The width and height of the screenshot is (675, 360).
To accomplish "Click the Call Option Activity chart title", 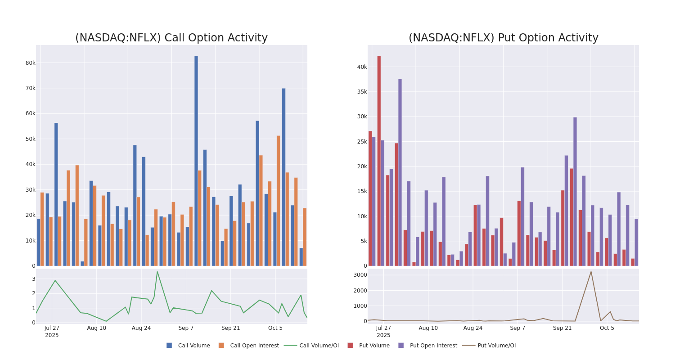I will pyautogui.click(x=171, y=38).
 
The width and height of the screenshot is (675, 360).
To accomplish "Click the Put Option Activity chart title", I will pyautogui.click(x=503, y=38).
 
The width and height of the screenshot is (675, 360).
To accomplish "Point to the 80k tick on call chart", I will pyautogui.click(x=30, y=63).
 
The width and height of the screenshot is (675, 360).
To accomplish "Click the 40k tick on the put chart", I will pyautogui.click(x=362, y=67).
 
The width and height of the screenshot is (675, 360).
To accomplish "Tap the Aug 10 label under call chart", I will pyautogui.click(x=97, y=328).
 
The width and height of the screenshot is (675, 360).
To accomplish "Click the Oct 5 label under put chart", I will pyautogui.click(x=607, y=328).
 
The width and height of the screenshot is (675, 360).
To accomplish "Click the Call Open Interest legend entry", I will pyautogui.click(x=254, y=346).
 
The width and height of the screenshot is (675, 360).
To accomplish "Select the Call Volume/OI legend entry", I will pyautogui.click(x=319, y=346).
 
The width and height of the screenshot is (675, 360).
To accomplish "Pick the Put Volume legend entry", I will pyautogui.click(x=374, y=346).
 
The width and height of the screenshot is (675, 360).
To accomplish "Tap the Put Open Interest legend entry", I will pyautogui.click(x=433, y=346).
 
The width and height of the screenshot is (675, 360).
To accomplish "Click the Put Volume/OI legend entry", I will pyautogui.click(x=496, y=346).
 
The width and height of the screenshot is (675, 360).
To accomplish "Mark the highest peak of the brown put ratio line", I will pyautogui.click(x=591, y=271).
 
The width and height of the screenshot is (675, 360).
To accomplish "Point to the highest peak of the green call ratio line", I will pyautogui.click(x=157, y=271).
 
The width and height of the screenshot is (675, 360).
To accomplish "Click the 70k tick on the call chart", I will pyautogui.click(x=30, y=88).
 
